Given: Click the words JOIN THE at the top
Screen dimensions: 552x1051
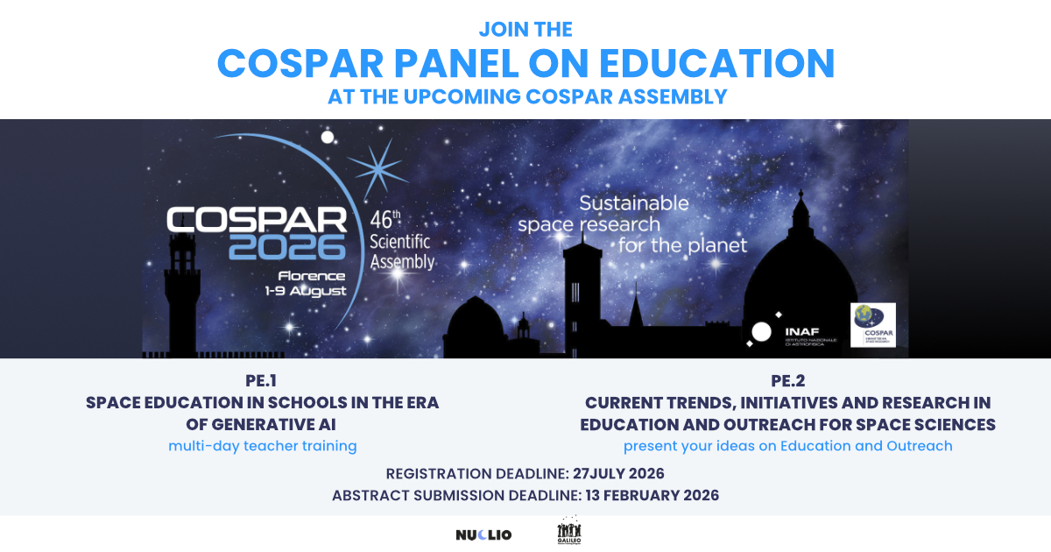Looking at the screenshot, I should coord(525,29).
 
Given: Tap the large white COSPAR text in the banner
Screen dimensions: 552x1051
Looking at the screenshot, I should coord(256,219).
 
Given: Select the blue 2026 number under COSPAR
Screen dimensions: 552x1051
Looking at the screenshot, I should coord(287,248).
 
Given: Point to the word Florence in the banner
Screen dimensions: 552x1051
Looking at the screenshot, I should coord(313,276).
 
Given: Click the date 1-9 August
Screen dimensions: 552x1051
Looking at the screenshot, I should coord(306,291).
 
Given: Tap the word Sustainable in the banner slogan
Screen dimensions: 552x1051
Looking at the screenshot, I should coord(633,203).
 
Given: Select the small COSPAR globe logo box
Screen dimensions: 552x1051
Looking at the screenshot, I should coord(872,325).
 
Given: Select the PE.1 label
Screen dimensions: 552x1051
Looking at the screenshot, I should coord(262,381).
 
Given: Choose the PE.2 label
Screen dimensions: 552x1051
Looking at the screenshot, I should coord(787,381).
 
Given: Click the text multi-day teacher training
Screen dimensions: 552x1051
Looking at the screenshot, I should coord(262,446).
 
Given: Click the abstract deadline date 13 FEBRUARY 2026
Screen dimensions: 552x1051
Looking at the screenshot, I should coord(649,495).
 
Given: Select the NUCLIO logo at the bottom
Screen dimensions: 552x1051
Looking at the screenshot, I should coord(483,534).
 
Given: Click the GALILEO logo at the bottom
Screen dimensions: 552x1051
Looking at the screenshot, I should coord(569,533).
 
